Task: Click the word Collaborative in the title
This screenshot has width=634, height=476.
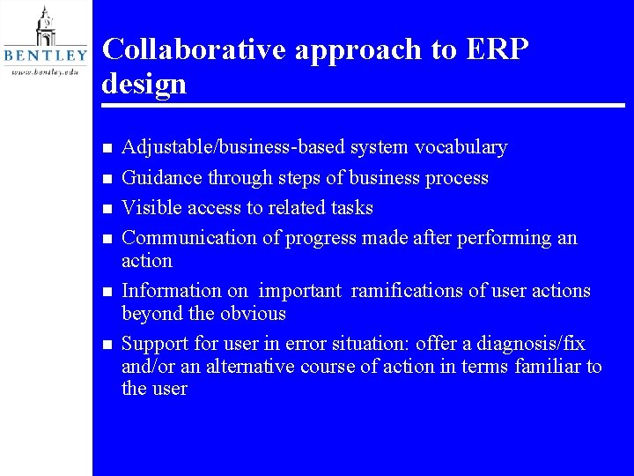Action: [194, 49]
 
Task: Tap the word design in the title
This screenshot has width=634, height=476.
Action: [144, 84]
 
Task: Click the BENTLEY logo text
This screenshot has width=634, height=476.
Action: [46, 56]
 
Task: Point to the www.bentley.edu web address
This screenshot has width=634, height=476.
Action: [45, 71]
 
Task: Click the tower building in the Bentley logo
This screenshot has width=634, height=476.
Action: [45, 26]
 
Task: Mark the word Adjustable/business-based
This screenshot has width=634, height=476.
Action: [234, 147]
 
